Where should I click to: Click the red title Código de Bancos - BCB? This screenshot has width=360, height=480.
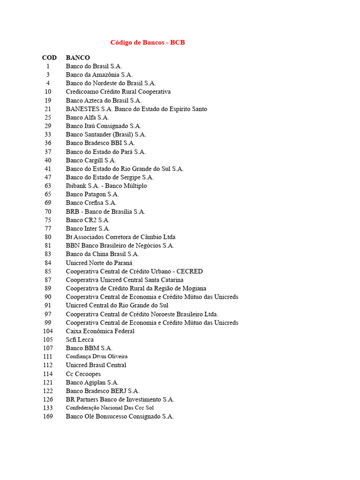(x=148, y=43)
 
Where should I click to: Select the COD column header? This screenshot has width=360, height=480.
(x=49, y=58)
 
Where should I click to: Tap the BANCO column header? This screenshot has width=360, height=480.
(x=78, y=58)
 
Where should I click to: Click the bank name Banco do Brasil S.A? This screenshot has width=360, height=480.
(x=94, y=66)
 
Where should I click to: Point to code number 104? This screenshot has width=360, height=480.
(x=48, y=331)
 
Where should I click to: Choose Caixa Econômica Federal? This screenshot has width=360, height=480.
(x=100, y=331)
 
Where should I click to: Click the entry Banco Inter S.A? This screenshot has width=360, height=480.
(x=88, y=229)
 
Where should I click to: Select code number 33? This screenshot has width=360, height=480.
(x=48, y=135)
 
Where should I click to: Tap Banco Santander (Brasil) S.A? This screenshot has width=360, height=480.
(x=106, y=135)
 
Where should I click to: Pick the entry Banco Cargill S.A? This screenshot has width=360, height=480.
(x=91, y=160)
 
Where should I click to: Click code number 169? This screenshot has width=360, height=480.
(x=48, y=416)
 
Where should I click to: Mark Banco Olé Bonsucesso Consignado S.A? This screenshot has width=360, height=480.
(x=120, y=416)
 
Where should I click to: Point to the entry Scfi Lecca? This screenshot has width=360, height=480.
(x=80, y=339)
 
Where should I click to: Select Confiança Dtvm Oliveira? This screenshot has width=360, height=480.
(x=97, y=356)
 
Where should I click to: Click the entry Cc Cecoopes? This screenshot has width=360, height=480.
(x=83, y=374)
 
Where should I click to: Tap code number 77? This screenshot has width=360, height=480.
(x=48, y=229)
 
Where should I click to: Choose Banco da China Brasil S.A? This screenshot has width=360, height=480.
(x=102, y=254)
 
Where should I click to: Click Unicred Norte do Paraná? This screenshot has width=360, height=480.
(x=99, y=263)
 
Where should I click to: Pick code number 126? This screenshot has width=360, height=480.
(x=48, y=399)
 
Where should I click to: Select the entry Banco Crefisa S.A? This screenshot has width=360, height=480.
(x=91, y=203)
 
